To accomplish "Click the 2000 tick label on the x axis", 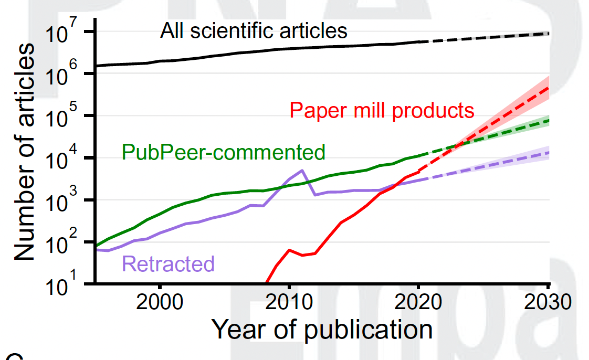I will tap(160, 304).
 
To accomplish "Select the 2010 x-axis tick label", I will tap(289, 304).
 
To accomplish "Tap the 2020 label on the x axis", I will tap(418, 304).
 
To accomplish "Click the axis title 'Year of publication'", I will tap(322, 330).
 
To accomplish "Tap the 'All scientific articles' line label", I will tap(254, 31).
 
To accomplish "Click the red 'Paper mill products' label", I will tap(382, 110).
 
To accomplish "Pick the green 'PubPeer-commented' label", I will tap(224, 152).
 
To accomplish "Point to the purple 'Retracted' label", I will tap(169, 263).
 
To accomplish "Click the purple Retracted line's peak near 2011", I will tap(302, 170).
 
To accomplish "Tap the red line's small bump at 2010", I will tap(289, 250).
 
